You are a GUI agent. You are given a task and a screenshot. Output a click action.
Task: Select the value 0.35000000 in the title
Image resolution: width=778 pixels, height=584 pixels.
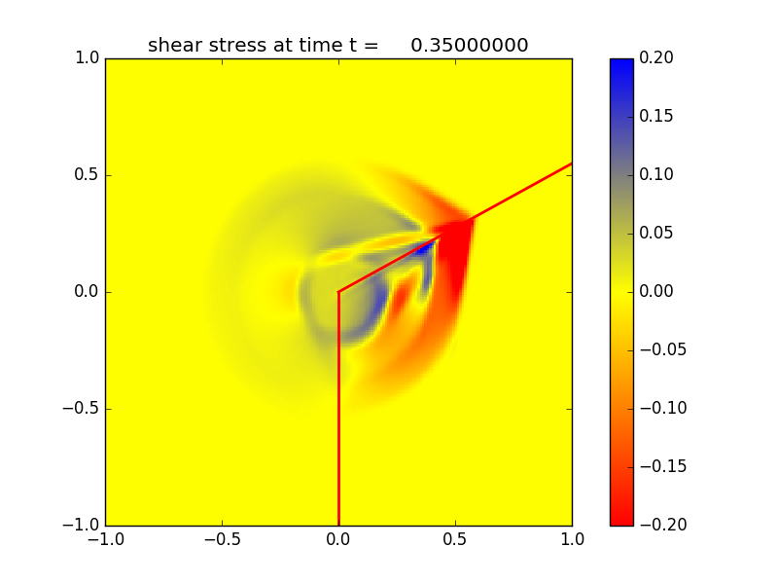click(x=469, y=45)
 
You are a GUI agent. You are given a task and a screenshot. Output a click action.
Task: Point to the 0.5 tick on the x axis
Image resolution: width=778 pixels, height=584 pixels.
click(x=455, y=538)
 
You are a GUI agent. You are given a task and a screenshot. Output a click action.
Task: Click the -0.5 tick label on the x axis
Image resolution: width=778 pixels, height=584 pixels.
click(x=222, y=538)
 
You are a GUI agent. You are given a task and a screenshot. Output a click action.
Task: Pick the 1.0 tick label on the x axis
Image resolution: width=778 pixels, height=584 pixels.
click(x=572, y=538)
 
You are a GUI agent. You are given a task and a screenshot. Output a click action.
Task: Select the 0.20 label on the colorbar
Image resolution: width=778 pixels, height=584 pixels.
click(x=655, y=58)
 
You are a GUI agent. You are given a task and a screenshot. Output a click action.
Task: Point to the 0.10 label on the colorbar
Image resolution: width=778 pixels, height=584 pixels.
click(x=655, y=175)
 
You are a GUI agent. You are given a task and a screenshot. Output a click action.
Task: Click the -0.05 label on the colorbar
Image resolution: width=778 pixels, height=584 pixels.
click(x=660, y=349)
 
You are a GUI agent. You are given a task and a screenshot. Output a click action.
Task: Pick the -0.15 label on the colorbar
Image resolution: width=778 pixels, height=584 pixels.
click(x=660, y=466)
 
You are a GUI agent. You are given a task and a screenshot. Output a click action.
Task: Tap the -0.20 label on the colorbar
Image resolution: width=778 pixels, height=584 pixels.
click(x=660, y=525)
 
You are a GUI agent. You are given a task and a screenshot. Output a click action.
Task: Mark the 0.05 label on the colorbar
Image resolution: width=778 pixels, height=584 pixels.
click(x=655, y=234)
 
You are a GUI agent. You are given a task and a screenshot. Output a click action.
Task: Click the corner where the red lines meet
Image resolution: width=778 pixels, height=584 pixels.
click(x=338, y=291)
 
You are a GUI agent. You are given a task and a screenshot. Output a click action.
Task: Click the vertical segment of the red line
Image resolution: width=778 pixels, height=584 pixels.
click(x=338, y=409)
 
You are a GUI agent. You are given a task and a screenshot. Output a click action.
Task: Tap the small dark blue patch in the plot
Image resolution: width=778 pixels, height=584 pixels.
click(x=424, y=248)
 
